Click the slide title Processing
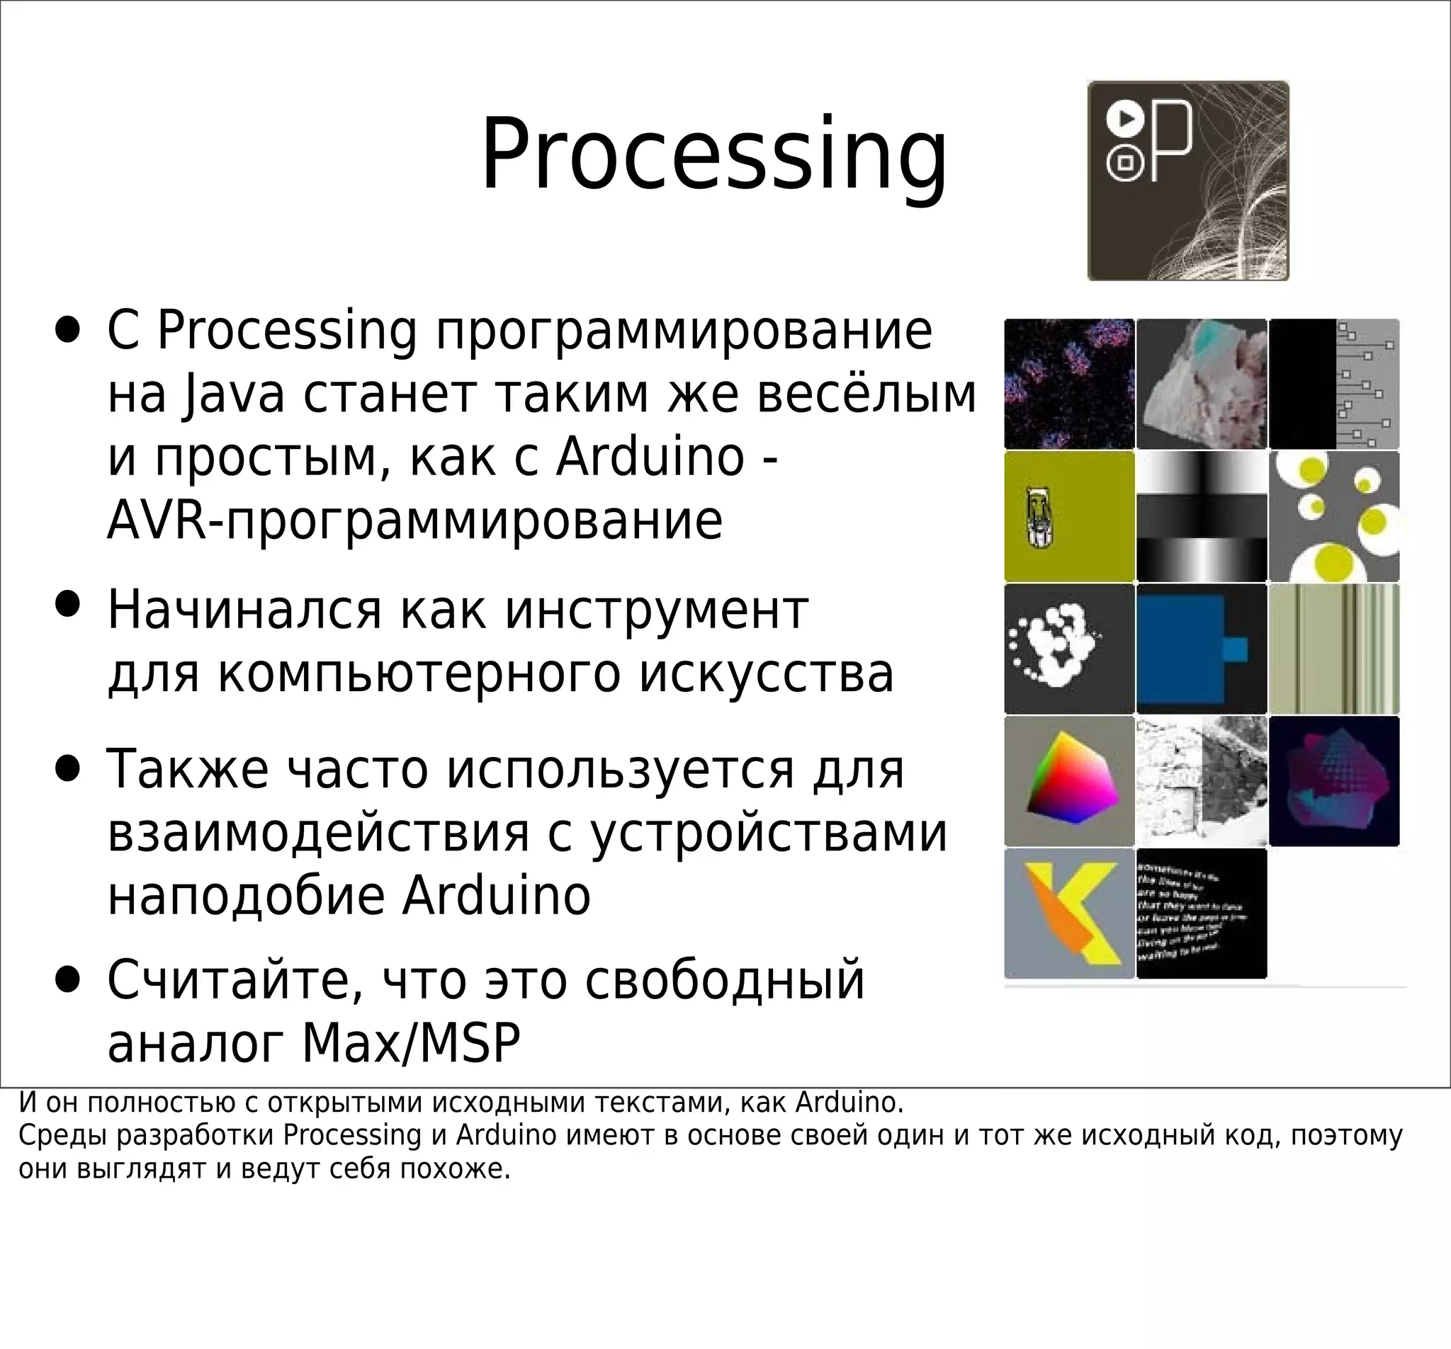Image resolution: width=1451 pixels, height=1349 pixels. click(714, 154)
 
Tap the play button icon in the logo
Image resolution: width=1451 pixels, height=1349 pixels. click(1125, 118)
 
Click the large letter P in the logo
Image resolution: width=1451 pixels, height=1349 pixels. click(1170, 141)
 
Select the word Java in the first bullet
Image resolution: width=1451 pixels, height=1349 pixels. click(233, 394)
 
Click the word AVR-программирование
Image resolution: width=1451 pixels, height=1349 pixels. click(414, 521)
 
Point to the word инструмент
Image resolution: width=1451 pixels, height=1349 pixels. click(656, 610)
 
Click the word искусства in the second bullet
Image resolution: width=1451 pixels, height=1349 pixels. click(767, 673)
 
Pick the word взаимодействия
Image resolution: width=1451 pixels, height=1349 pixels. click(318, 833)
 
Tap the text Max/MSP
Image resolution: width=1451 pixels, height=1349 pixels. click(411, 1043)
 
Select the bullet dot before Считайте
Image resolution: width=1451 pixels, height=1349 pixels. click(67, 981)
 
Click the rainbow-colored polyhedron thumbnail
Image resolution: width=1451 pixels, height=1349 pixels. click(1069, 780)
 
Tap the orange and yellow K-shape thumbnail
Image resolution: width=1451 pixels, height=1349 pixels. click(1069, 913)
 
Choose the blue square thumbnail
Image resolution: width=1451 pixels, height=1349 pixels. click(1202, 648)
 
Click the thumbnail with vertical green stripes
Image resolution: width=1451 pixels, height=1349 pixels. click(1334, 648)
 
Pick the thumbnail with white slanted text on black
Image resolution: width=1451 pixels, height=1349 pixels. click(1202, 913)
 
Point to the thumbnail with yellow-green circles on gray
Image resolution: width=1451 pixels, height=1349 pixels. click(1334, 516)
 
